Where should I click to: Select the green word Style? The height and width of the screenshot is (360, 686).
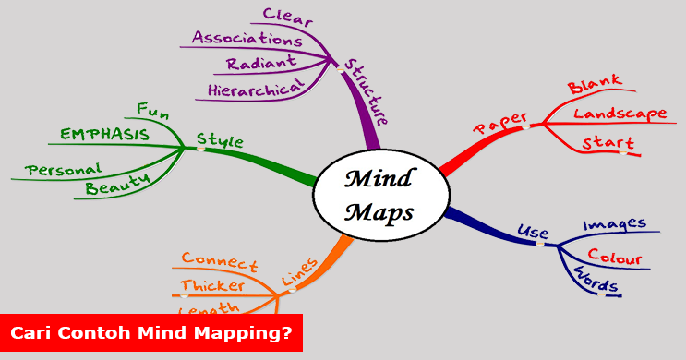(220, 141)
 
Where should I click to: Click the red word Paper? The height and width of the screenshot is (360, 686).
(499, 124)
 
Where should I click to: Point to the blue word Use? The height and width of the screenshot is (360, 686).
(533, 231)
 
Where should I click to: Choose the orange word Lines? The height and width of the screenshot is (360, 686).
(299, 271)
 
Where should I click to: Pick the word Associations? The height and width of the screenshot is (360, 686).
(247, 39)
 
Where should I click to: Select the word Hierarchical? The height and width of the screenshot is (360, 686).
(255, 90)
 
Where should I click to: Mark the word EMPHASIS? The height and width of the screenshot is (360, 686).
(104, 135)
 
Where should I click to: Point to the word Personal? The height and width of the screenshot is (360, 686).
(63, 169)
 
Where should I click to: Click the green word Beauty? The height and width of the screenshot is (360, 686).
(117, 187)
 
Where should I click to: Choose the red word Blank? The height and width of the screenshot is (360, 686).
(595, 86)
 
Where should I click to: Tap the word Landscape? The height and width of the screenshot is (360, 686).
(620, 114)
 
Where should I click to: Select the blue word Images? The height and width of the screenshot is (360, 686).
(614, 224)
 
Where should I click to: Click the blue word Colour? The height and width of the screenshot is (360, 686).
(614, 258)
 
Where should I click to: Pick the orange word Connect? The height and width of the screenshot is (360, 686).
(219, 261)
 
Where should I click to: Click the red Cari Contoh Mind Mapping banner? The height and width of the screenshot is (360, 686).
(151, 333)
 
